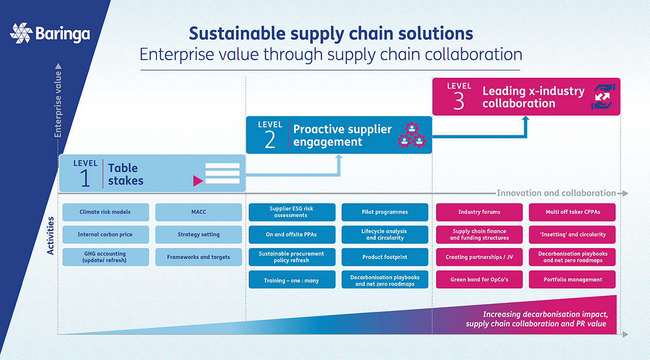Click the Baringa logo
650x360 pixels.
coord(50,34)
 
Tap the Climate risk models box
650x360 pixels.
coord(106,212)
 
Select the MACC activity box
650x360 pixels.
coord(198,212)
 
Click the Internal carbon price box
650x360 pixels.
coord(106,235)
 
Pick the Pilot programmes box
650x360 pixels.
coord(384,212)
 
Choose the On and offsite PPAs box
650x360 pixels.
coord(291,235)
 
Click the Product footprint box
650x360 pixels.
coord(384,257)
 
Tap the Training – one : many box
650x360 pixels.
coord(291,280)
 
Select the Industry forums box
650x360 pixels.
coord(479,212)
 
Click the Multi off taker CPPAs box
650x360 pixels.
coord(572,212)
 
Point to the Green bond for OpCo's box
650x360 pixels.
coord(479,280)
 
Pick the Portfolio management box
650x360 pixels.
coord(572,280)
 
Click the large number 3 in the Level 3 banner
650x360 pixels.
coord(459,101)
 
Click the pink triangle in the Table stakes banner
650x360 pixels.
coord(197,181)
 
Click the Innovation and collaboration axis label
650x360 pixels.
coord(556,193)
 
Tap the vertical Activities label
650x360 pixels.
coord(50,236)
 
